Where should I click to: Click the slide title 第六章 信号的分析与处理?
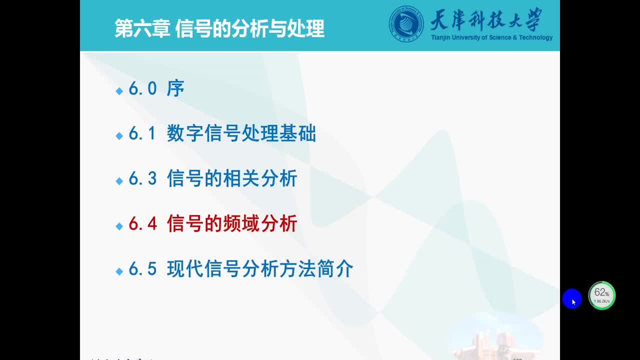219,28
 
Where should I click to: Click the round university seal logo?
406,24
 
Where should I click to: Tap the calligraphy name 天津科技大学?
485,20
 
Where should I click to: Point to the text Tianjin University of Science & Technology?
491,37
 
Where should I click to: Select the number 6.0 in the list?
143,89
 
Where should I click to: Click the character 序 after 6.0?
175,89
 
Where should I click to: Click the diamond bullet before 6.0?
119,91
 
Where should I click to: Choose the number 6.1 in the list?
143,134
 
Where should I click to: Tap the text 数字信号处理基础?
241,134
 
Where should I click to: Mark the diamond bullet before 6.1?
119,136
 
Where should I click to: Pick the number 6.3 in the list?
143,179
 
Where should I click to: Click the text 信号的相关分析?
232,179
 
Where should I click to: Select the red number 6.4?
143,224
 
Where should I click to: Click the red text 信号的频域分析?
232,224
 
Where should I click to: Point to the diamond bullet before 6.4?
119,226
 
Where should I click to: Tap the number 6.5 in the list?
143,269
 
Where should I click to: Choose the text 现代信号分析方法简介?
260,269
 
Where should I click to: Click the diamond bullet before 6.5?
119,271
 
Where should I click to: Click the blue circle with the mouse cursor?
572,299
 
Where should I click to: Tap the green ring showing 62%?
601,295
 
